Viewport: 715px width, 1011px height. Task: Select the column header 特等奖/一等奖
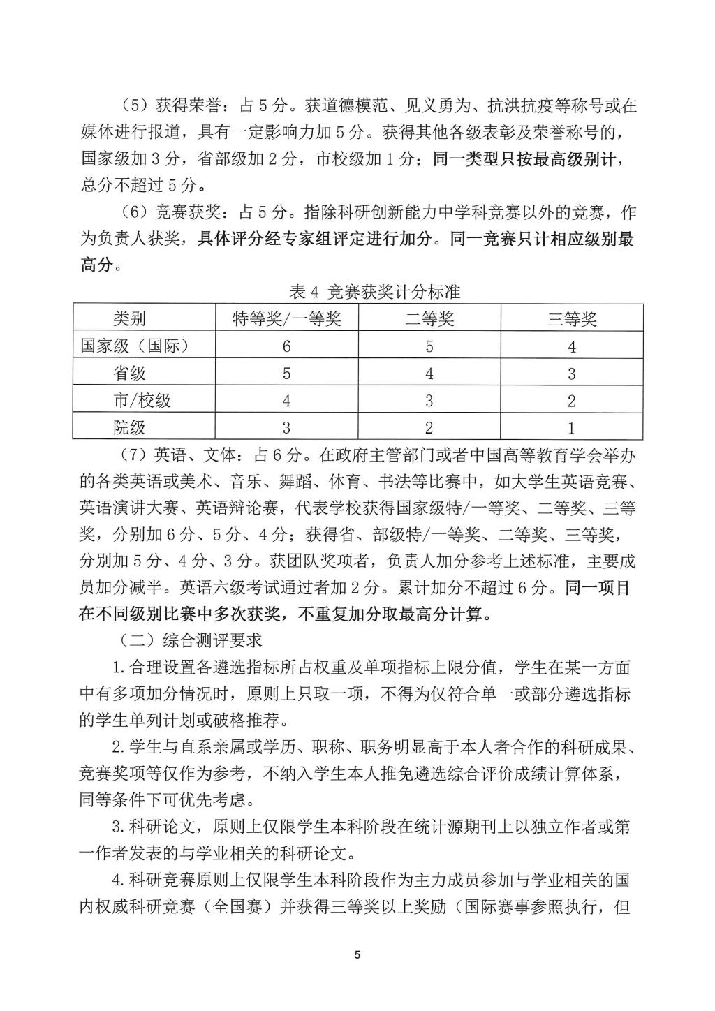coord(286,319)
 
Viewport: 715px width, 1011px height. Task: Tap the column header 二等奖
coord(429,319)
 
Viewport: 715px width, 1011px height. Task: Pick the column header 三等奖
coord(571,319)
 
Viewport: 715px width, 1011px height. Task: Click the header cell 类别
coord(130,319)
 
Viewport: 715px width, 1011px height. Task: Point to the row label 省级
coord(130,373)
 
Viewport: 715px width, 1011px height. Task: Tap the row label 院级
coord(130,427)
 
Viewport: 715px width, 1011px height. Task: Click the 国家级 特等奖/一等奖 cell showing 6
coord(286,346)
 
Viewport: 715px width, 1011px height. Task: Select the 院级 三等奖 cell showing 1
coord(571,427)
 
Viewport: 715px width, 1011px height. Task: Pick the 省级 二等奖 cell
coord(429,374)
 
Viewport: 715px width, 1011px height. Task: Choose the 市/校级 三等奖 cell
coord(571,401)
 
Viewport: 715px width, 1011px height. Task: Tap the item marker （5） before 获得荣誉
coord(131,106)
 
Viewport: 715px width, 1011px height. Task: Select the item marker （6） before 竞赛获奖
coord(131,212)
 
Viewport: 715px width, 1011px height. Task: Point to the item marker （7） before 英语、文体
coord(131,455)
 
